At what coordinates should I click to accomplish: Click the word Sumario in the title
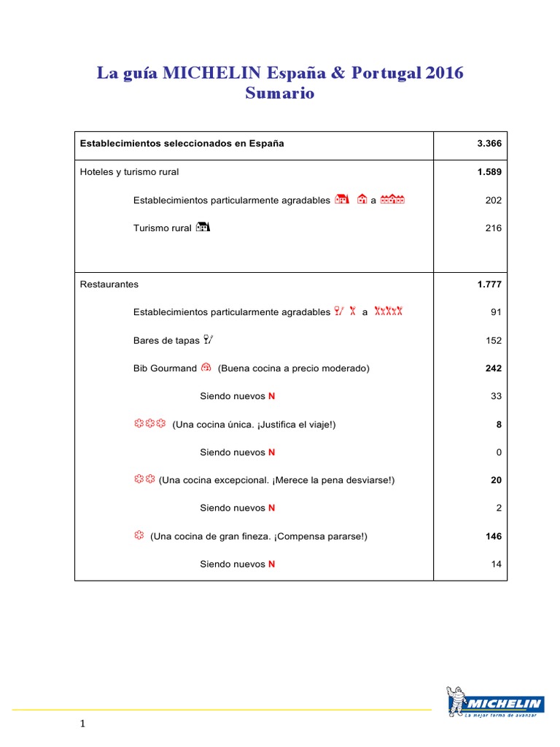(x=280, y=93)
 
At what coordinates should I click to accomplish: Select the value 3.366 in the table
(x=489, y=144)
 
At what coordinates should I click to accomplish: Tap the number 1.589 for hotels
(x=489, y=172)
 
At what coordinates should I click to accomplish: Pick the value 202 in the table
(x=494, y=200)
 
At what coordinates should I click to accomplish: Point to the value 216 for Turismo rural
(x=494, y=228)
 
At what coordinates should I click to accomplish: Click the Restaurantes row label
(x=109, y=285)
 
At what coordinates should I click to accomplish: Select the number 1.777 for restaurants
(x=489, y=285)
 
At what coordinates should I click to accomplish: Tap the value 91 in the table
(x=497, y=312)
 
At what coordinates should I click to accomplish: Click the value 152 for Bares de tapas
(x=494, y=340)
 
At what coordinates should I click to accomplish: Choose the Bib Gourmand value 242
(x=494, y=368)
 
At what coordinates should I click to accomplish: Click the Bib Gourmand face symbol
(x=206, y=368)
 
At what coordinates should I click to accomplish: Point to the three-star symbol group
(x=150, y=424)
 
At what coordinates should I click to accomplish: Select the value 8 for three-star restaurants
(x=499, y=425)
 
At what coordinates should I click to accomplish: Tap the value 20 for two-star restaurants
(x=497, y=480)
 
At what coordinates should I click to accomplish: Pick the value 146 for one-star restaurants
(x=494, y=536)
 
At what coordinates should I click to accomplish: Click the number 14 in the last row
(x=497, y=564)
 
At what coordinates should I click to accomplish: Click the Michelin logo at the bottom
(x=494, y=703)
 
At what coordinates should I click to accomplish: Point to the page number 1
(x=83, y=724)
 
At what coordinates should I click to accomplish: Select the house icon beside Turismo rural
(x=203, y=228)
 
